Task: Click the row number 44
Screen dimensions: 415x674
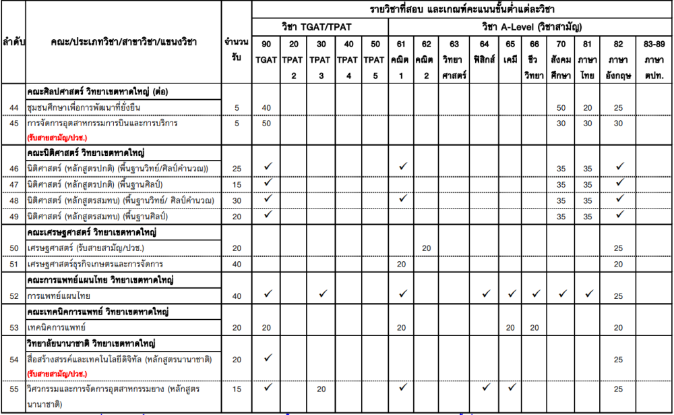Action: click(13, 108)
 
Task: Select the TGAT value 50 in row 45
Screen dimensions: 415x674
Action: click(266, 123)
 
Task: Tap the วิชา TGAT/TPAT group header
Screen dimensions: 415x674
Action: click(320, 27)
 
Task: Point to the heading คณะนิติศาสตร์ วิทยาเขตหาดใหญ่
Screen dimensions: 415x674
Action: click(87, 153)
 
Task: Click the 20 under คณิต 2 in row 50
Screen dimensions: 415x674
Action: click(427, 248)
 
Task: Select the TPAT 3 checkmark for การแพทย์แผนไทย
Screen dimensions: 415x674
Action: click(322, 294)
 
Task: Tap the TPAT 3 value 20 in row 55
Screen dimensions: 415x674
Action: click(321, 389)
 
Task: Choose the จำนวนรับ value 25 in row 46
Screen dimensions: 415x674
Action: click(236, 168)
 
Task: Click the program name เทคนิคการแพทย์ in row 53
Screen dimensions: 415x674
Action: click(57, 327)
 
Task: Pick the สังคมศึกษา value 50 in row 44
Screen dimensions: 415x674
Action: click(561, 108)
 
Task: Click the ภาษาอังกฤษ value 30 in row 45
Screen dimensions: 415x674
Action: click(618, 123)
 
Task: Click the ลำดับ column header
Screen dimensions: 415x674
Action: click(13, 42)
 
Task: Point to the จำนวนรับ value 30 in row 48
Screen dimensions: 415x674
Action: click(236, 200)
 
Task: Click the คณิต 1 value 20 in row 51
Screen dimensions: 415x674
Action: click(401, 264)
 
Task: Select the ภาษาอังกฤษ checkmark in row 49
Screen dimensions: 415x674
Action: click(619, 215)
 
